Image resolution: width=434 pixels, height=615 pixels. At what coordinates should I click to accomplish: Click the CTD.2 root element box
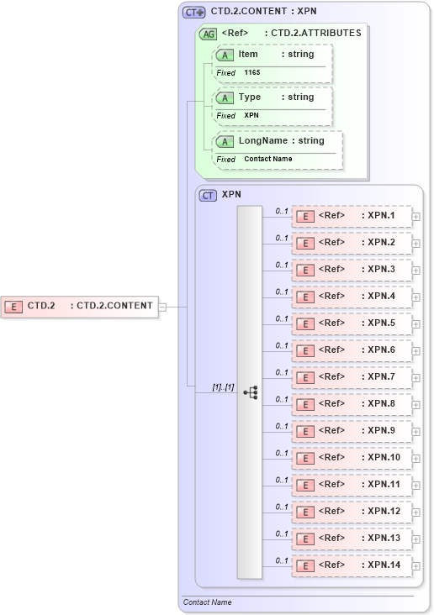coord(81,306)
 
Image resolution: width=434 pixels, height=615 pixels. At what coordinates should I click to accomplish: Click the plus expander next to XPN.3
coord(416,271)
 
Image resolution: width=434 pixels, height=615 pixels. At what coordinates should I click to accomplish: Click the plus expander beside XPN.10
coord(416,459)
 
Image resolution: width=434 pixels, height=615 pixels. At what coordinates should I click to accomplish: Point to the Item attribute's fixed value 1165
coord(251,73)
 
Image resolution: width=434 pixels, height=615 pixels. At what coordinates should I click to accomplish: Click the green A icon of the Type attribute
coord(225,98)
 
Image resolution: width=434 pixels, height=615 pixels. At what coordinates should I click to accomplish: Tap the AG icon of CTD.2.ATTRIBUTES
coord(208,34)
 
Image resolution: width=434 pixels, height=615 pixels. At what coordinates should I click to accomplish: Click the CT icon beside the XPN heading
coord(208,195)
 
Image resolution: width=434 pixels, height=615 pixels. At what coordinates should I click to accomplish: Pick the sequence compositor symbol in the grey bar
coord(250,392)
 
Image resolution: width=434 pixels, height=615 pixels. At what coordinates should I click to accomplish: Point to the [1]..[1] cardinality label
coord(223,386)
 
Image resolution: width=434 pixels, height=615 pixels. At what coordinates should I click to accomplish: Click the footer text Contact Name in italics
coord(207,602)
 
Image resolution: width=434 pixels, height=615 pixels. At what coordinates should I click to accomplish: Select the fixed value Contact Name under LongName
coord(268,159)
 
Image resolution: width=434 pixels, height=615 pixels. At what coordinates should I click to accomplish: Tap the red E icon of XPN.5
coord(307,323)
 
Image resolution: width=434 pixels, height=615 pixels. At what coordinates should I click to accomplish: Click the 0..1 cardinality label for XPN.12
coord(282,507)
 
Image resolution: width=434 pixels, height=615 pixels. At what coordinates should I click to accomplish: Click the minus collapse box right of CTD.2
coord(163,307)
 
